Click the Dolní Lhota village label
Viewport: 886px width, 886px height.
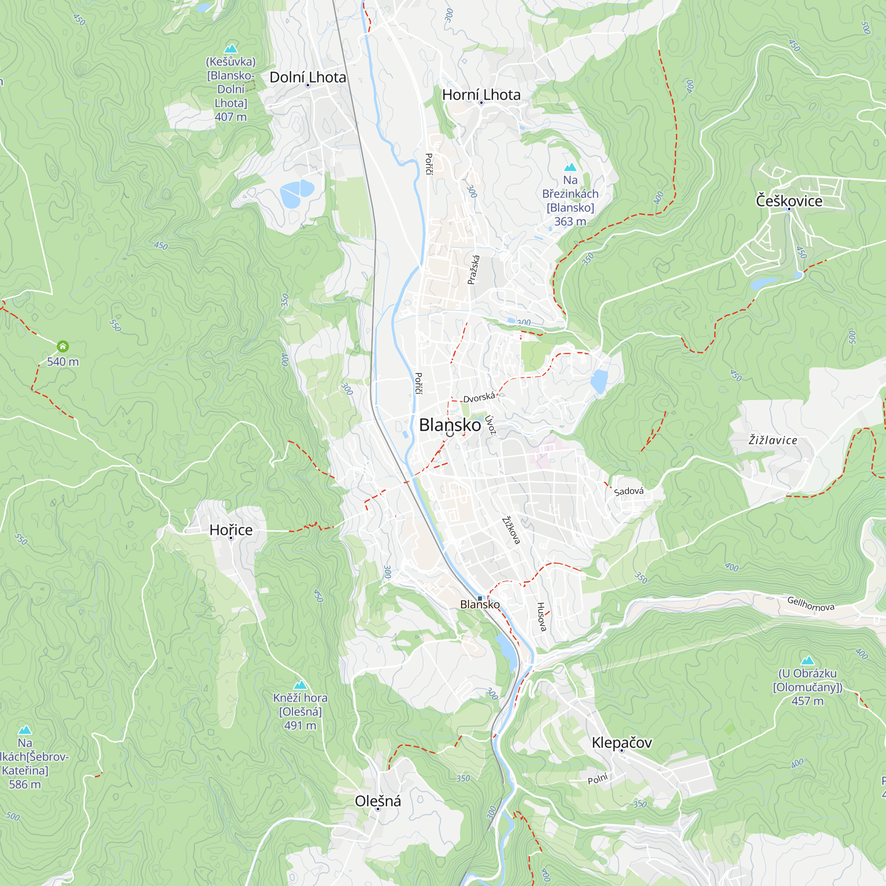click(308, 77)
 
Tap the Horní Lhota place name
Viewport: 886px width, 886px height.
click(481, 94)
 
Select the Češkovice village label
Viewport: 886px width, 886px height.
click(789, 201)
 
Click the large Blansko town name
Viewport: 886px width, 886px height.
click(450, 425)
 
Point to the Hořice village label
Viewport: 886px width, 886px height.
click(231, 530)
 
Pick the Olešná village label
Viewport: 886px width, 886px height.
click(378, 801)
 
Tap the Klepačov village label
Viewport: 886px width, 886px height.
click(622, 742)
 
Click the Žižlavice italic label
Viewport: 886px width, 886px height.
click(773, 440)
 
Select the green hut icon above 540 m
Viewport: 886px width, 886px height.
click(63, 346)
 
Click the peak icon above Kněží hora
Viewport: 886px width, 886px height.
click(300, 685)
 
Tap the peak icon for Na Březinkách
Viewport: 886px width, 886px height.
click(570, 167)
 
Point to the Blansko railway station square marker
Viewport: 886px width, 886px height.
click(480, 598)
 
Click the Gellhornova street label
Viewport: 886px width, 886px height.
click(810, 603)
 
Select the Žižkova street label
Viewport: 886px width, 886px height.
click(511, 530)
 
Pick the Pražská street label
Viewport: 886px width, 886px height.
click(474, 270)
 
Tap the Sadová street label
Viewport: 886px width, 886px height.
click(629, 491)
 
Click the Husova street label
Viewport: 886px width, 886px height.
click(542, 617)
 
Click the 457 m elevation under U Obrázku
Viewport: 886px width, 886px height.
click(807, 701)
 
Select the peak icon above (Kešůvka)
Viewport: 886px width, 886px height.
click(231, 48)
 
